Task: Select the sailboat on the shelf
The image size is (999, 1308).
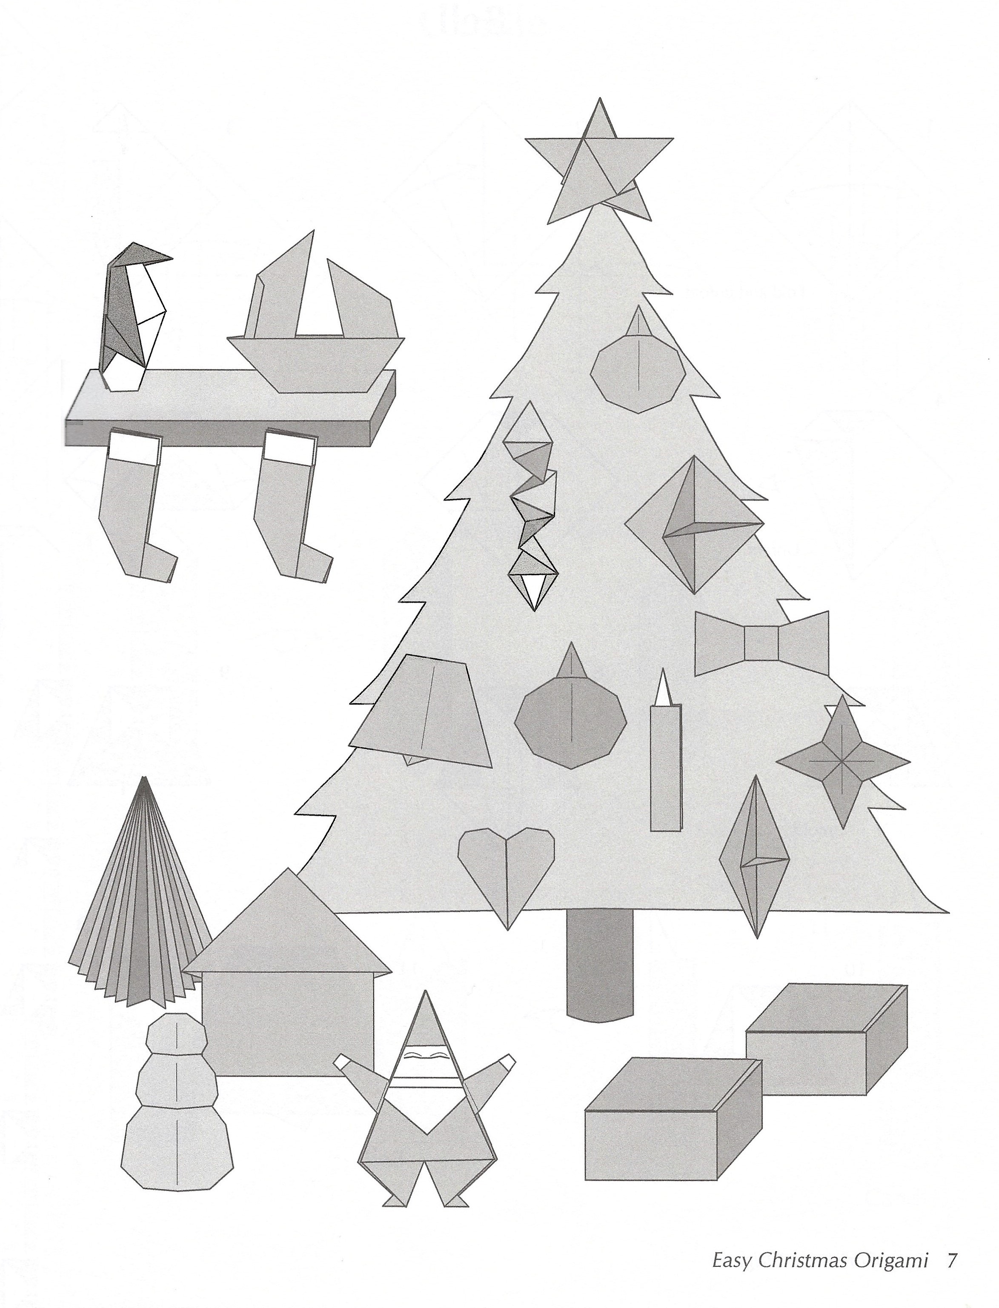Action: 315,321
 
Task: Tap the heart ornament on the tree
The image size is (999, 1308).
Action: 507,874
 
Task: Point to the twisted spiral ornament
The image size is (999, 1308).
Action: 531,505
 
